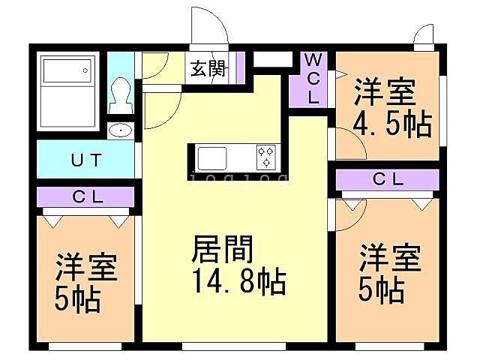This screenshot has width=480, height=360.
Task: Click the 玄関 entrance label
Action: pos(208,69)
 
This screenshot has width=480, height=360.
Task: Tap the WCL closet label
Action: pos(313,78)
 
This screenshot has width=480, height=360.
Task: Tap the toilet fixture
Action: pos(119,94)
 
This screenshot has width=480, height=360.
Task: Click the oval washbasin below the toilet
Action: pos(120,131)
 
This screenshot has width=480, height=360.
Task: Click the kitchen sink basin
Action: pos(211,159)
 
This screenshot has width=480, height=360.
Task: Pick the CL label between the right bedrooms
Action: pos(388,180)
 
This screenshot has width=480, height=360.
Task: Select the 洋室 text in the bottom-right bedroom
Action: pos(389,259)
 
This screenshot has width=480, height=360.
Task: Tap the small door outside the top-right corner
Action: pos(423,34)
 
